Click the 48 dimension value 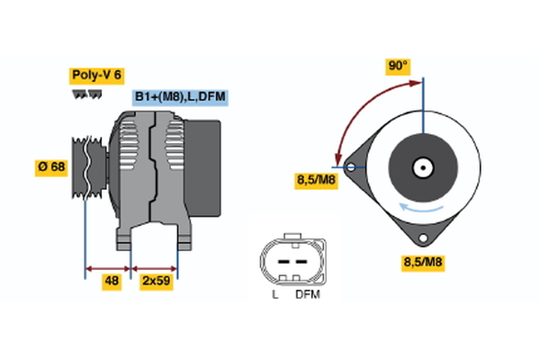(112, 281)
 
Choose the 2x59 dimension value (155, 281)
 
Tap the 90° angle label (397, 66)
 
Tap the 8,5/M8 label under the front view (422, 263)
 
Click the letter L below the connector (275, 294)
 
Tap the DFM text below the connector (307, 294)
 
